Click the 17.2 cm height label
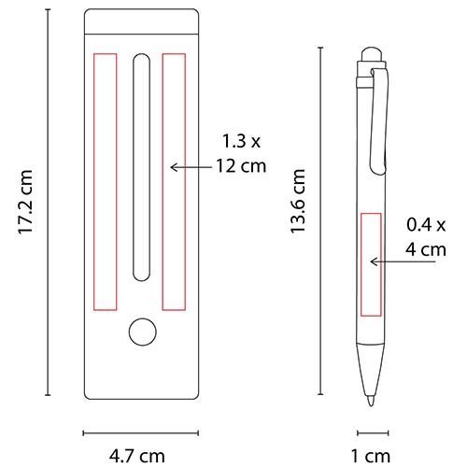(x=25, y=202)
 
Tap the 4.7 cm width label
(x=137, y=456)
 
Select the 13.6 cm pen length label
(x=298, y=201)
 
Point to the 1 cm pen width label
(x=371, y=456)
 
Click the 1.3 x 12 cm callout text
(x=241, y=154)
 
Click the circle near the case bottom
(x=143, y=332)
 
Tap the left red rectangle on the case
(x=106, y=182)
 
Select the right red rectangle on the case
(x=174, y=182)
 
